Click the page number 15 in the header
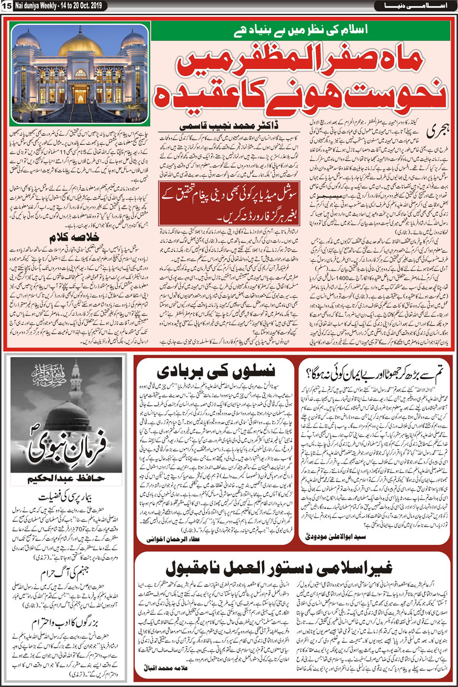click(6, 6)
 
